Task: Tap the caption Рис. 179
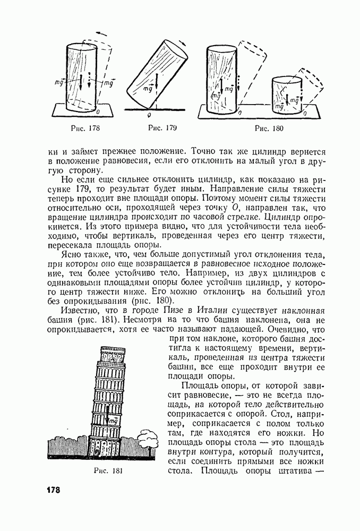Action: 162,128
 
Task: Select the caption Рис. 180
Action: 269,128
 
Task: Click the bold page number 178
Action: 50,490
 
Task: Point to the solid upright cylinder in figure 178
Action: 82,77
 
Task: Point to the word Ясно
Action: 72,255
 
